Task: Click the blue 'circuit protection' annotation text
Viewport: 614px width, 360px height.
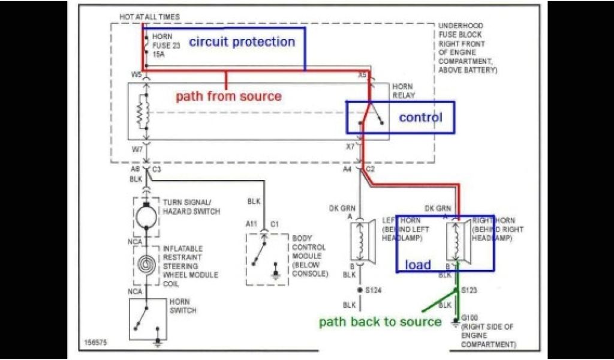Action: click(242, 42)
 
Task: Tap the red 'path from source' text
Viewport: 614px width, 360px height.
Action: click(228, 96)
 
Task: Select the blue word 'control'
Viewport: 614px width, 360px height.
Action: click(420, 117)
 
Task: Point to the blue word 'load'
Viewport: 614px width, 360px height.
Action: click(418, 265)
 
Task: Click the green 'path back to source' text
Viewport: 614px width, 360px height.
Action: click(380, 322)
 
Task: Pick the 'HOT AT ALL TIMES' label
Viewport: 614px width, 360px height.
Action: click(149, 17)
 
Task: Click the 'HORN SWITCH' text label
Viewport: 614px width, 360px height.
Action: click(182, 306)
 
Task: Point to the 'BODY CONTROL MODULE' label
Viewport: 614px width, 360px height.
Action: click(309, 256)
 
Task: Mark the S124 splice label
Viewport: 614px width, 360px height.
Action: click(375, 290)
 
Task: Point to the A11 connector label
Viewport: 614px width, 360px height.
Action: click(251, 224)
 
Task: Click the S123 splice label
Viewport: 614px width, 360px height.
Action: click(469, 290)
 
